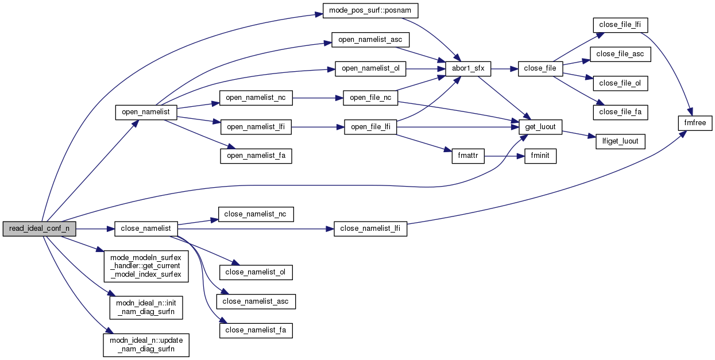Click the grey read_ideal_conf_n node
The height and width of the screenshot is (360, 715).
pyautogui.click(x=39, y=229)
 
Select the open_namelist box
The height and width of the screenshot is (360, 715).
pyautogui.click(x=146, y=112)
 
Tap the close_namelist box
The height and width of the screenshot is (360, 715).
pyautogui.click(x=146, y=229)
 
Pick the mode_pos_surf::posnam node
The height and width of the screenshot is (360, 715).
pyautogui.click(x=370, y=10)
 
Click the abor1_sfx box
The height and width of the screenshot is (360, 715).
pyautogui.click(x=468, y=68)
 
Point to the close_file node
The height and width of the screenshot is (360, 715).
pyautogui.click(x=540, y=68)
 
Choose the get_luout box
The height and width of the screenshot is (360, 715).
pyautogui.click(x=540, y=127)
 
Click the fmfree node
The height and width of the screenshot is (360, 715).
pyautogui.click(x=695, y=122)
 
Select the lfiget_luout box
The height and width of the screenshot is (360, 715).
pyautogui.click(x=620, y=141)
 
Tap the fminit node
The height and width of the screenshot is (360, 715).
pyautogui.click(x=540, y=156)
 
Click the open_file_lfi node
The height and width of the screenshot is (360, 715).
pyautogui.click(x=370, y=127)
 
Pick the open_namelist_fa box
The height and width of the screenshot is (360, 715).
pyautogui.click(x=256, y=156)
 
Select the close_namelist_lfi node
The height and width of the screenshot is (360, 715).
pyautogui.click(x=370, y=229)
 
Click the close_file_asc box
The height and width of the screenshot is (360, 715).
pyautogui.click(x=620, y=54)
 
